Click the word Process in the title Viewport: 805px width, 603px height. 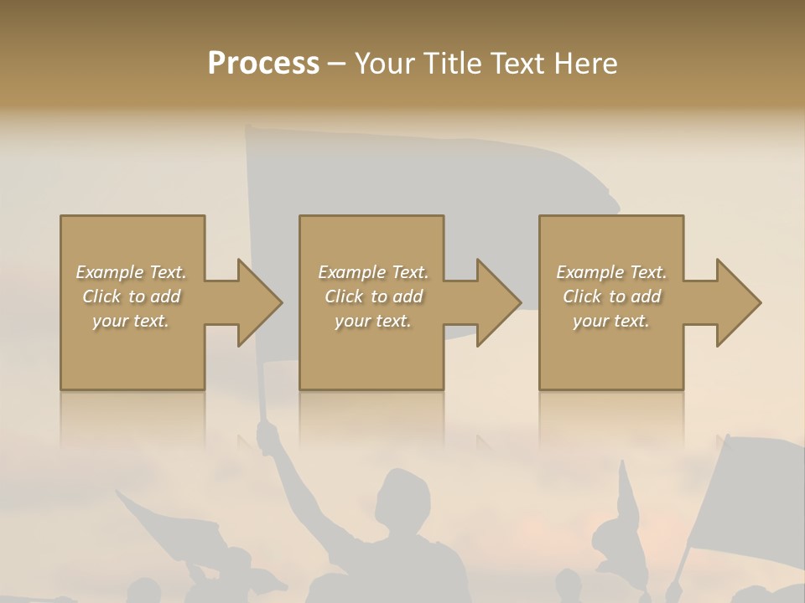[263, 64]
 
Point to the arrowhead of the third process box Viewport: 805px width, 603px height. [737, 302]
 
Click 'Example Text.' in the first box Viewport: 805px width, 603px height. [131, 272]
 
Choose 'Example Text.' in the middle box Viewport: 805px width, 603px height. [372, 272]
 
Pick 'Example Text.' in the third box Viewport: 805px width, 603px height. [611, 272]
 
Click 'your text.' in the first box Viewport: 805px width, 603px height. [131, 321]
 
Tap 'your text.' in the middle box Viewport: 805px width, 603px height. [372, 321]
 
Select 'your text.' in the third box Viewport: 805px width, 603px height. [611, 321]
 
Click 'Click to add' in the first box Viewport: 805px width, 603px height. [131, 296]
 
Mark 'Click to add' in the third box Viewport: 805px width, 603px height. [611, 296]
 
